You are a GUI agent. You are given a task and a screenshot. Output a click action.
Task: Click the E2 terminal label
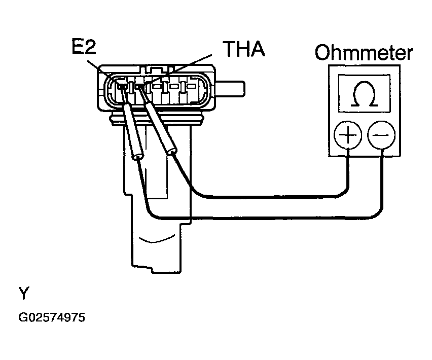pyautogui.click(x=84, y=46)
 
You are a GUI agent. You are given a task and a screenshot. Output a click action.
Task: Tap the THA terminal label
pyautogui.click(x=244, y=49)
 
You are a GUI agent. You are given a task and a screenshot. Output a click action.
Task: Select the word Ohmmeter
pyautogui.click(x=364, y=52)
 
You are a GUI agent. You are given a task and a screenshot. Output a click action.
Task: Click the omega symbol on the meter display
pyautogui.click(x=364, y=94)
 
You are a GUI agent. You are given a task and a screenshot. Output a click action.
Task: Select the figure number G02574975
pyautogui.click(x=52, y=317)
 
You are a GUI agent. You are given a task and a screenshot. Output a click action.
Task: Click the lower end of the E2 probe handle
pyautogui.click(x=138, y=157)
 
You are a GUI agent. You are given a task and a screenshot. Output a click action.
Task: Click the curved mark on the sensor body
pyautogui.click(x=157, y=239)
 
